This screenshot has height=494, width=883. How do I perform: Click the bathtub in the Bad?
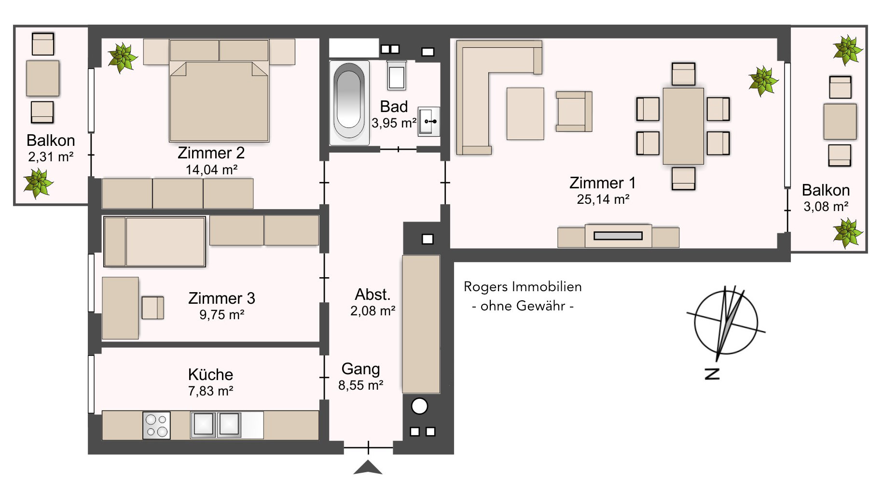tap(349, 102)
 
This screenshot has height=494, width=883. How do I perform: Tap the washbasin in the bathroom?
tap(428, 121)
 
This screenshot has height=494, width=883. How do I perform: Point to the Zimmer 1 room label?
tap(602, 183)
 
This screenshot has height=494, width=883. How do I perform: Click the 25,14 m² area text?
tap(603, 199)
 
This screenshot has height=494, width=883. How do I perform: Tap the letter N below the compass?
tap(712, 373)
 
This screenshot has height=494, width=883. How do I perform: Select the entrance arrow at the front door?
tap(368, 468)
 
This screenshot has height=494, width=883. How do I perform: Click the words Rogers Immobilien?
tap(523, 286)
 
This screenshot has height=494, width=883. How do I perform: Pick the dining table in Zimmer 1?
tap(683, 126)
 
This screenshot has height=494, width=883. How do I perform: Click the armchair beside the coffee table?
tap(573, 112)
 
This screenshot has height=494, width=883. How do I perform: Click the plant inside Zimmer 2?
tap(122, 57)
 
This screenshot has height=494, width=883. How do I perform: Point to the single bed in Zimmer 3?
tap(155, 241)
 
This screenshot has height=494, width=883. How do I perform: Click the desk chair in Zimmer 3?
tap(152, 308)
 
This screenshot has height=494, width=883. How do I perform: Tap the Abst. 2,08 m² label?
tap(373, 302)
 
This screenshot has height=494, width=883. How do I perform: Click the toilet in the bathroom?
tap(396, 76)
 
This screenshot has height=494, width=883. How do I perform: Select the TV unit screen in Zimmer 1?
tap(618, 236)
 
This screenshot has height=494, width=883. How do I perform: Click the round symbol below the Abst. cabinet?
tap(419, 406)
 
